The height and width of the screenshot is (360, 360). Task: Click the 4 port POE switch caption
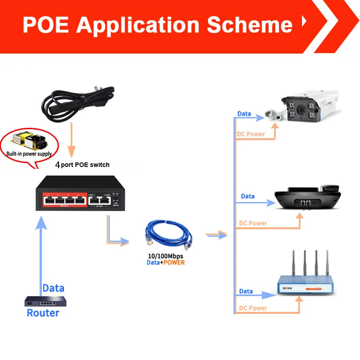(82, 165)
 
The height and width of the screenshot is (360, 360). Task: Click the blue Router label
(43, 313)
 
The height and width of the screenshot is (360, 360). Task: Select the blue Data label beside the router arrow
(53, 288)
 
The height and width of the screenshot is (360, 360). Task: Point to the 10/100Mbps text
(166, 256)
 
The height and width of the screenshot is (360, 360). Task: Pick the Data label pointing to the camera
(244, 114)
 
